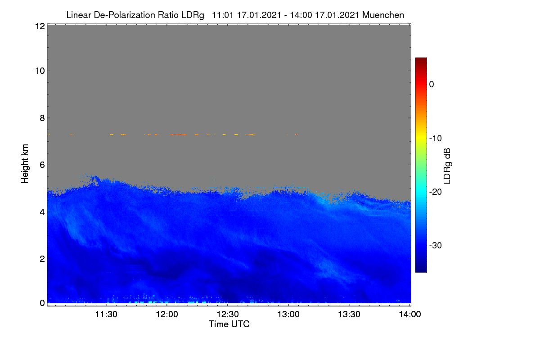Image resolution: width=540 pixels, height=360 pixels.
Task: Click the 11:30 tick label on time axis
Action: [x=106, y=315]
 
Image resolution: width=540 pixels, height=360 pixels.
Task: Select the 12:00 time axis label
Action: [x=167, y=315]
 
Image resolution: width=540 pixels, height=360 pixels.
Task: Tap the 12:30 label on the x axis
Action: [x=228, y=315]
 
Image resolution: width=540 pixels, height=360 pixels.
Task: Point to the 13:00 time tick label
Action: [x=288, y=315]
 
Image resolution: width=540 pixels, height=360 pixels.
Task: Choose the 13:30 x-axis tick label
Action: [x=349, y=315]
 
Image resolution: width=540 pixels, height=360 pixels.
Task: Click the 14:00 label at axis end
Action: [x=410, y=315]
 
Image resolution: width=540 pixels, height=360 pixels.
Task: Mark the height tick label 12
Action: [x=40, y=26]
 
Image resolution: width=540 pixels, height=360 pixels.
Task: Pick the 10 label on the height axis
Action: [x=40, y=71]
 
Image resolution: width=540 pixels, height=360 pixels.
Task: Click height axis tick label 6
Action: [x=42, y=165]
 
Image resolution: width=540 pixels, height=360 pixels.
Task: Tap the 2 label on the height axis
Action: [x=42, y=259]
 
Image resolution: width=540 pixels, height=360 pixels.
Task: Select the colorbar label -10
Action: [x=436, y=139]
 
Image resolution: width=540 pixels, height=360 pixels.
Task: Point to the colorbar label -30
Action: [x=436, y=245]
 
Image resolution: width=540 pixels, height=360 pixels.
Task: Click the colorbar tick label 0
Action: [x=432, y=85]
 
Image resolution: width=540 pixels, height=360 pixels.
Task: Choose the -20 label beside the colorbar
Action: [x=436, y=192]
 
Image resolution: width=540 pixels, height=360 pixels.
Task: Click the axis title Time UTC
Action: [x=229, y=324]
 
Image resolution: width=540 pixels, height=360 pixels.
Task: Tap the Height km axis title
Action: [x=25, y=164]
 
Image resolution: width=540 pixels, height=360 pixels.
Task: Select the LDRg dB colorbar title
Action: [x=447, y=166]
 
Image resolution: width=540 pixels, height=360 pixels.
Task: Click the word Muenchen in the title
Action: [x=383, y=15]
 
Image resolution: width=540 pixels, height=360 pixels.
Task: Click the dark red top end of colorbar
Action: [x=421, y=60]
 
